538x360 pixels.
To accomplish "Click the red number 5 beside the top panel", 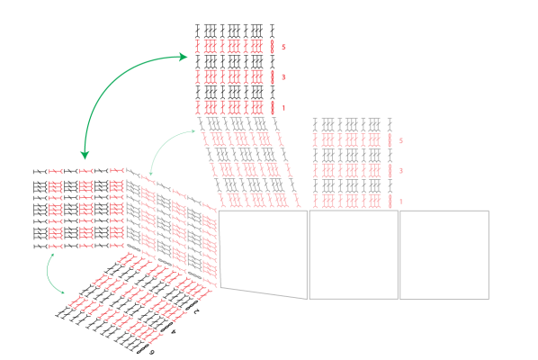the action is (x=283, y=47).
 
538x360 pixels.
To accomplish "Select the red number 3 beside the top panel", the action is (x=283, y=77).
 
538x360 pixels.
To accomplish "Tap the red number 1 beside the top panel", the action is (x=283, y=108).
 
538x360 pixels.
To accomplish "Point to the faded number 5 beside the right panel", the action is (x=400, y=140).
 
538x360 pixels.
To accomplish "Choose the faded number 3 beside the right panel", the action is (x=400, y=171).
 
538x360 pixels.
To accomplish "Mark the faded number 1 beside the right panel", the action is (x=400, y=202).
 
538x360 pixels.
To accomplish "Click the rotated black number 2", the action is (x=196, y=311).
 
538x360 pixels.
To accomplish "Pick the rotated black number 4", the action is (x=174, y=332).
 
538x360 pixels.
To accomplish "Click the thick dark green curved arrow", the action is (x=109, y=81).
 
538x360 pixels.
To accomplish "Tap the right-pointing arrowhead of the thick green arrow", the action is (x=184, y=57).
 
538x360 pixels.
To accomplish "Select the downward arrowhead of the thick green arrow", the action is (x=85, y=155).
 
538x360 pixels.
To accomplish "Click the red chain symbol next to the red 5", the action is (x=273, y=46).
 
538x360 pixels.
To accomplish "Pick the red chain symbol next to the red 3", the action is (x=273, y=76).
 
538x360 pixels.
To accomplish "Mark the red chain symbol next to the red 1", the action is (x=273, y=107).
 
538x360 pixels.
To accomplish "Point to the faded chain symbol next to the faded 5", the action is (x=390, y=140).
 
